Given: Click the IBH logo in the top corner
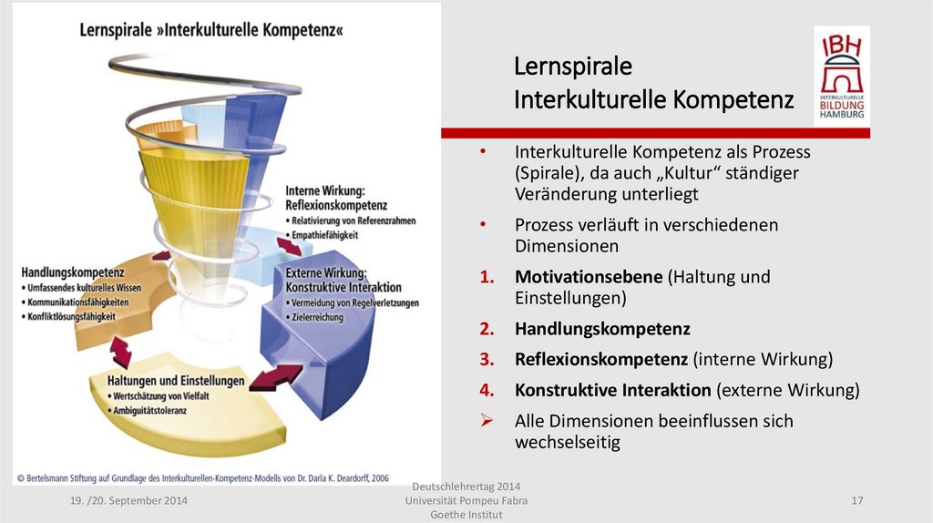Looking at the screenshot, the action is coord(841,77).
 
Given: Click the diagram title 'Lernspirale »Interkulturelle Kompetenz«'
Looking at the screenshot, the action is coord(211,28).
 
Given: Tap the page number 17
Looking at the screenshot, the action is coord(856,501).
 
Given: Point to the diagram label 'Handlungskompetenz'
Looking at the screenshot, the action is coord(72,272).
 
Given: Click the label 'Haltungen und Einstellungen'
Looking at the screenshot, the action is coord(176,381).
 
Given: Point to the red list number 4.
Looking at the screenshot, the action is coord(487,391).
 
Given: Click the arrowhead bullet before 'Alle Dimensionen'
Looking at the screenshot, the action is coord(487,421).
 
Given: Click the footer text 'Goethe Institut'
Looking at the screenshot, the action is coord(466,515).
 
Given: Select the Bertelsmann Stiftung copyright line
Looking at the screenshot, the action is coord(201,477).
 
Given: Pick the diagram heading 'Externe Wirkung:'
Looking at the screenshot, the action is coord(325,273).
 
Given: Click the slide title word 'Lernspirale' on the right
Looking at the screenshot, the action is coord(572,67).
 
